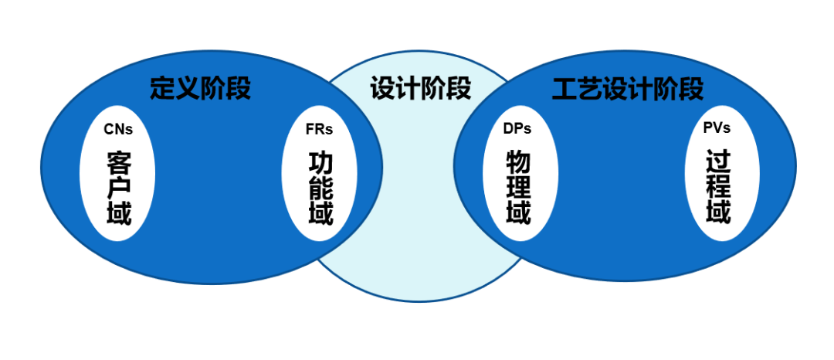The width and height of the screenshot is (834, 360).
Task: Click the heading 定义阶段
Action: [x=200, y=88]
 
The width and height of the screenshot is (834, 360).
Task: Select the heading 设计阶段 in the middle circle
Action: [x=420, y=88]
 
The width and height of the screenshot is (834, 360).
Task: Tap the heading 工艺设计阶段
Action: [x=627, y=90]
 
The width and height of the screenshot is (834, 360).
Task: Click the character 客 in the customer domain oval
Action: [x=119, y=162]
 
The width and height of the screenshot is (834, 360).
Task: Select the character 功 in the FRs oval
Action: [x=321, y=162]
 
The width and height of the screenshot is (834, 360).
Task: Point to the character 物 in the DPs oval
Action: [x=518, y=162]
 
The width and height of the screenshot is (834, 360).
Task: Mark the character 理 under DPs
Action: [x=518, y=187]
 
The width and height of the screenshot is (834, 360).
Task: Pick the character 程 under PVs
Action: [x=718, y=186]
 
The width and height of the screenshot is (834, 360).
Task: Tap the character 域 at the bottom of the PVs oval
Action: [x=718, y=211]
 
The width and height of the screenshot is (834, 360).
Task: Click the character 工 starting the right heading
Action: [x=564, y=90]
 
